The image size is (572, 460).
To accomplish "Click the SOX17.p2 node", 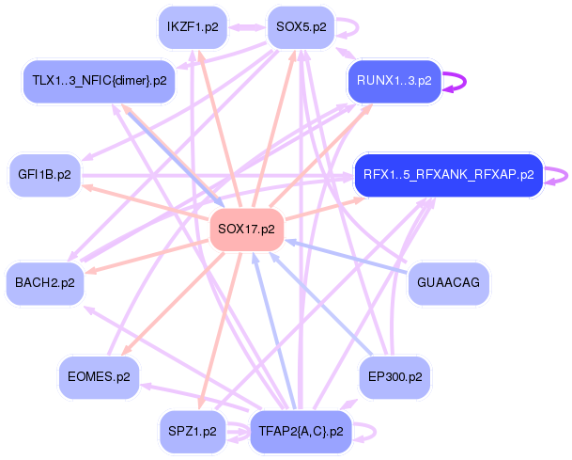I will [x=246, y=229].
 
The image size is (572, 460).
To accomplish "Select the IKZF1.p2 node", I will [x=193, y=26].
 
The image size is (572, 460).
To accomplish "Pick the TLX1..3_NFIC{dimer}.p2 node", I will [x=99, y=81].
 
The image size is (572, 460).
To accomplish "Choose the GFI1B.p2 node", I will [x=44, y=175].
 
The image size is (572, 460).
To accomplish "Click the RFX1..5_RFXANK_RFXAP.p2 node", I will [x=448, y=175].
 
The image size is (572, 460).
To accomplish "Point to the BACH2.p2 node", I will [x=44, y=281].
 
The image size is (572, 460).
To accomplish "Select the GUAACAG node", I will [x=449, y=282].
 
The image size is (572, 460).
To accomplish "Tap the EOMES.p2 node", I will [x=99, y=377].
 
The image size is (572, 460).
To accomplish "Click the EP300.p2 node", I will [x=394, y=377].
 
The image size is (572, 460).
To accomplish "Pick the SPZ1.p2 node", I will [x=193, y=433].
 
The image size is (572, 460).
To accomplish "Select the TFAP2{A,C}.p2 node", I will [x=301, y=433].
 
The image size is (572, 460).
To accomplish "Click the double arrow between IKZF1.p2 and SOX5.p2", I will [x=247, y=27].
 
